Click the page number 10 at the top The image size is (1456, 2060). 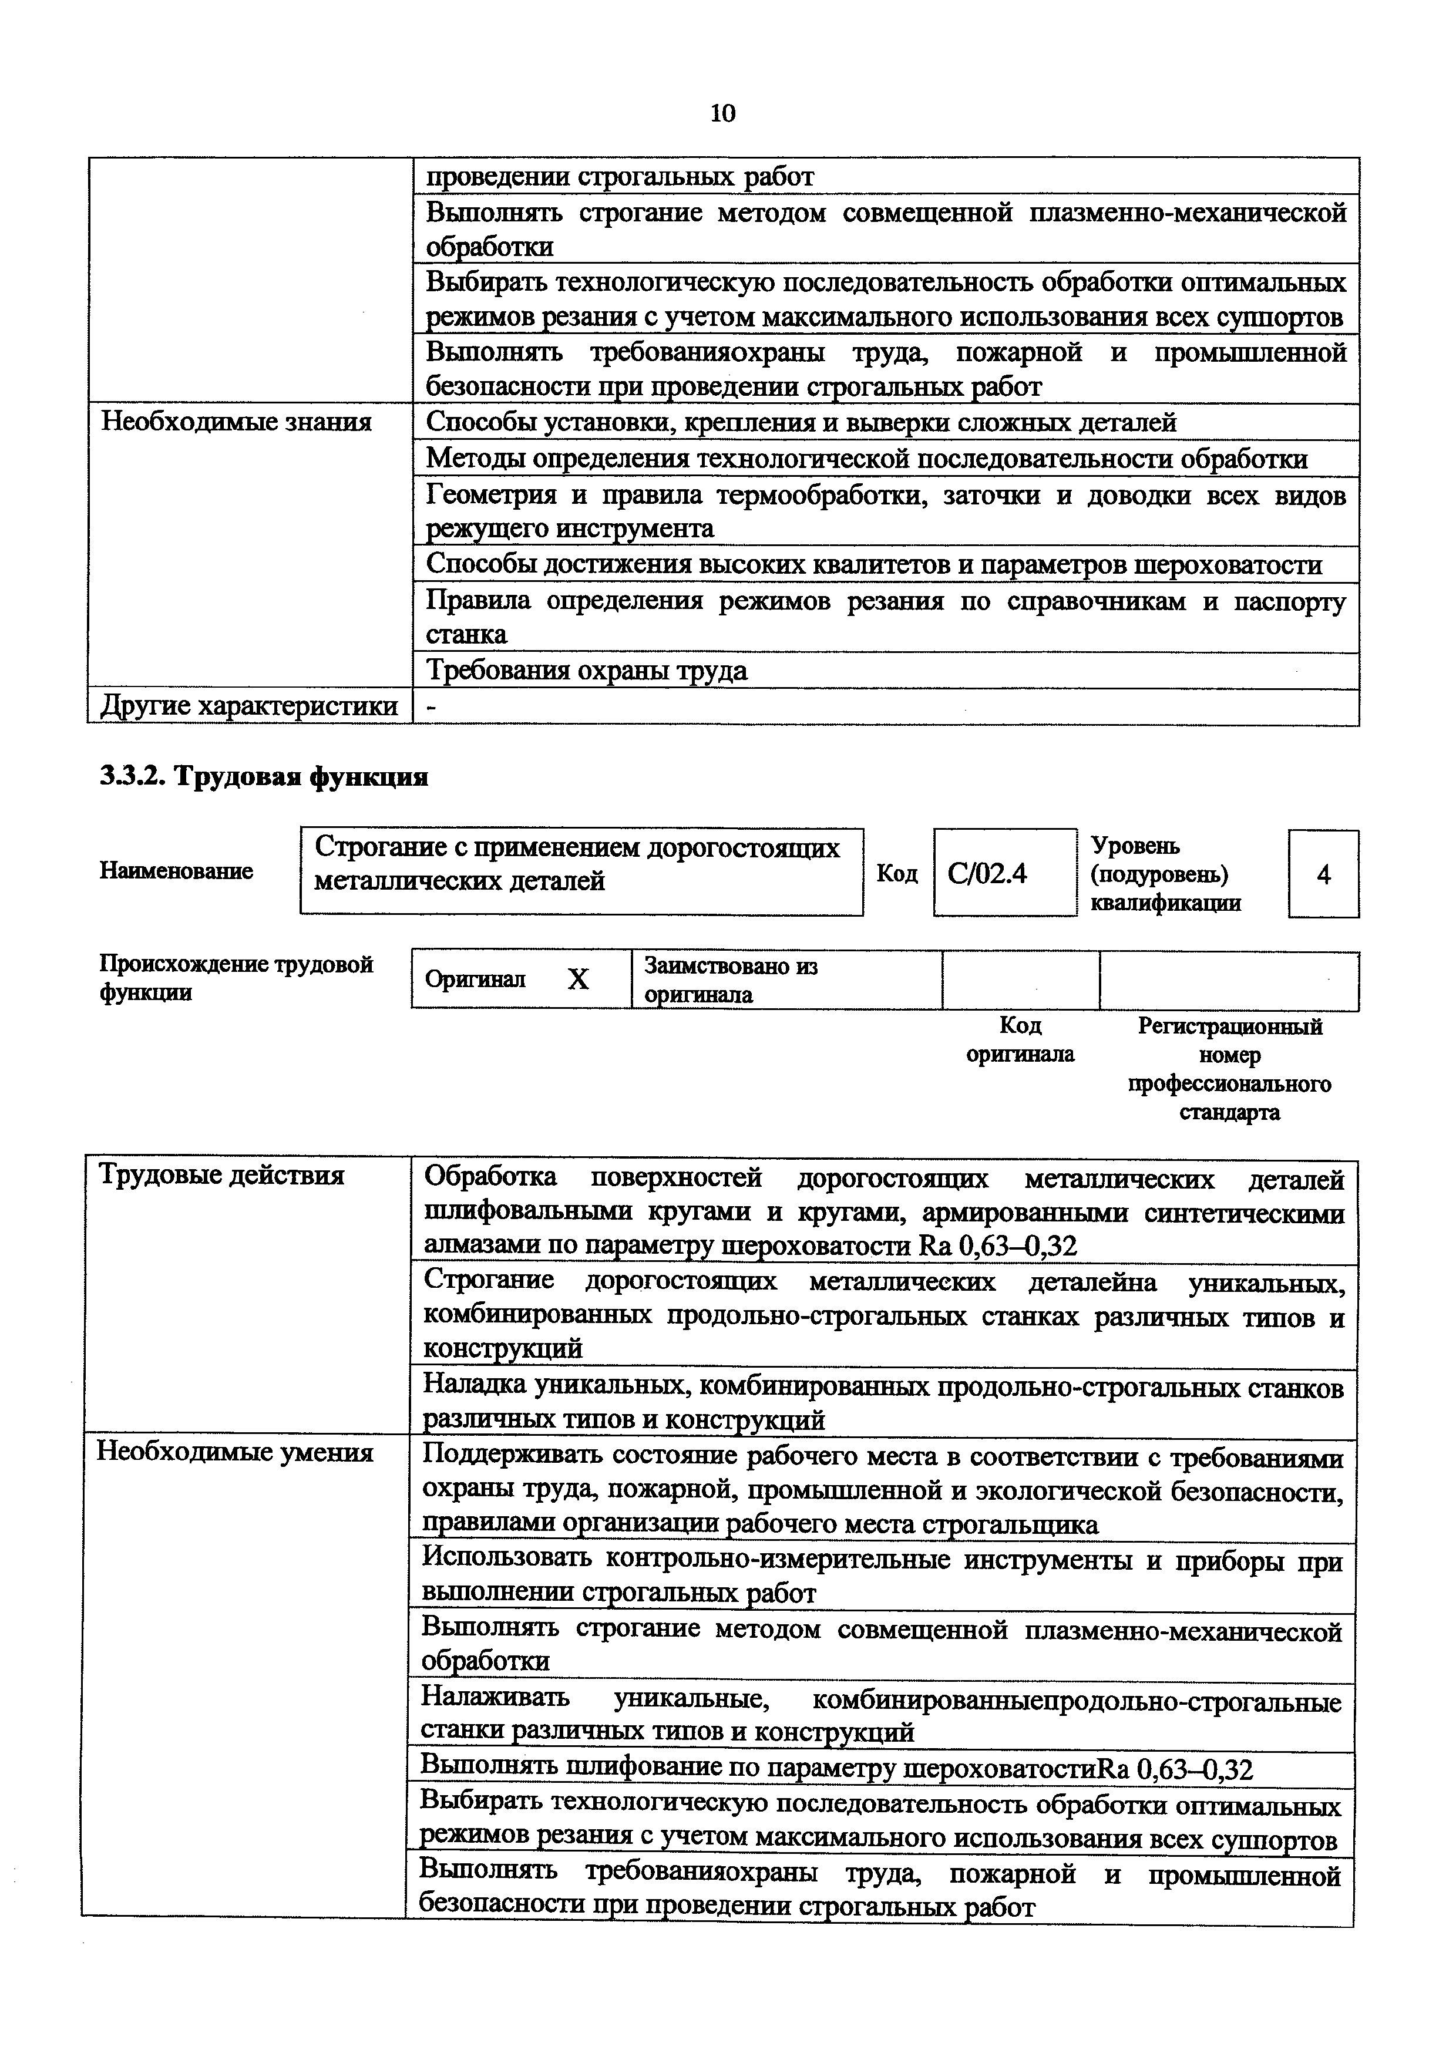point(722,113)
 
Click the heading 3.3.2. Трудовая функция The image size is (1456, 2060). point(264,777)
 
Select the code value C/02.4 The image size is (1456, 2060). point(987,873)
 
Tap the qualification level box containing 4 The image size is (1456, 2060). point(1323,874)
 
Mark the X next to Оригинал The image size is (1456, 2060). point(579,979)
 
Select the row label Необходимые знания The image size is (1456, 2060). point(236,422)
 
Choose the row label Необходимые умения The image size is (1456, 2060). point(235,1451)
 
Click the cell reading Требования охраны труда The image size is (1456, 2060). point(586,670)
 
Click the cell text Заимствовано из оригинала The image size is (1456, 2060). point(731,979)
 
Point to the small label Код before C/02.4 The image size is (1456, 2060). point(897,873)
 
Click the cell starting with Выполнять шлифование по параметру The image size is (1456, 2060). point(836,1769)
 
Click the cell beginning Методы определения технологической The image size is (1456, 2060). point(866,459)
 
